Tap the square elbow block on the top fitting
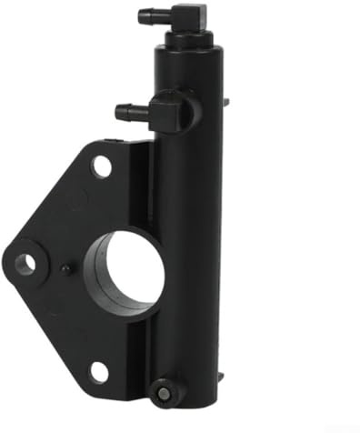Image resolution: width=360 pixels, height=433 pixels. (188, 16)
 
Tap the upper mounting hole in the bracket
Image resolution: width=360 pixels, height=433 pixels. (102, 166)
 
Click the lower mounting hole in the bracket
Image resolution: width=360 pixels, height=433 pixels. (99, 371)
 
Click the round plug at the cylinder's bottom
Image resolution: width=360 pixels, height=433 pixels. (164, 392)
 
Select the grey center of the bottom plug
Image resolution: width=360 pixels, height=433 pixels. (164, 393)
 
